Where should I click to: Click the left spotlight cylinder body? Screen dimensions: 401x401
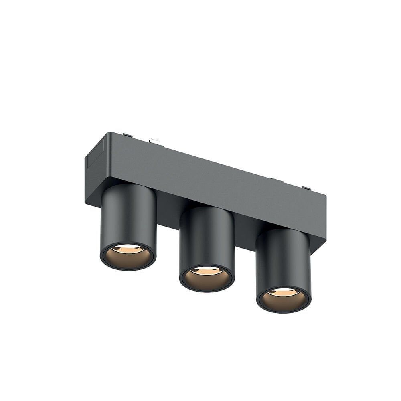coord(128,217)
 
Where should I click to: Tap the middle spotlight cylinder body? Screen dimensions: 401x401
coord(207,239)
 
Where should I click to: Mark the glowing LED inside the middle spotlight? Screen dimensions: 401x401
coord(207,271)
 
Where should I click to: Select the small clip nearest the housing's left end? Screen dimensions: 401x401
coord(128,135)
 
